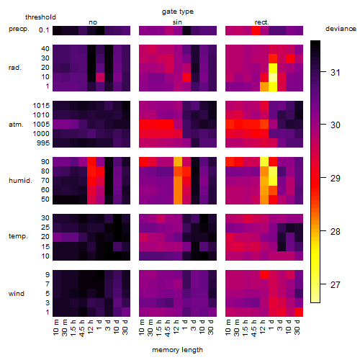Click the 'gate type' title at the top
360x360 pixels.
point(178,12)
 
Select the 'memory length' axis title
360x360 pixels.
point(177,350)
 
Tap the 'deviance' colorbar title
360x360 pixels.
point(341,29)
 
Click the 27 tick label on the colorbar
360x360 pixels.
point(336,285)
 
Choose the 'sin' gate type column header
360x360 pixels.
point(177,22)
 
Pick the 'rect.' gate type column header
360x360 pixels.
point(262,22)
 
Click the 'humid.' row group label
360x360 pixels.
point(20,181)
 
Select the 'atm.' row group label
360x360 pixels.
point(16,125)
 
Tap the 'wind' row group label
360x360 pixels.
point(17,294)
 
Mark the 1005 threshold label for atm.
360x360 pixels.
point(41,125)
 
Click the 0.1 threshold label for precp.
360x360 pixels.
point(44,30)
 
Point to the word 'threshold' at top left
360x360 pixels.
point(40,17)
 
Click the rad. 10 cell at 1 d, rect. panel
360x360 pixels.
point(273,77)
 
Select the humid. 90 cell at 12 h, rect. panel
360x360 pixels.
point(264,162)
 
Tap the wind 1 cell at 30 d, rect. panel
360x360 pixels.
point(299,312)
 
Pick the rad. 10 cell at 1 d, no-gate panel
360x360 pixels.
point(100,77)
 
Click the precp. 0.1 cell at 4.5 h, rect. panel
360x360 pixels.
point(256,30)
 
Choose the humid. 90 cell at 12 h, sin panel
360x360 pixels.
point(178,162)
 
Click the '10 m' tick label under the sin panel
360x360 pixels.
point(143,327)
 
